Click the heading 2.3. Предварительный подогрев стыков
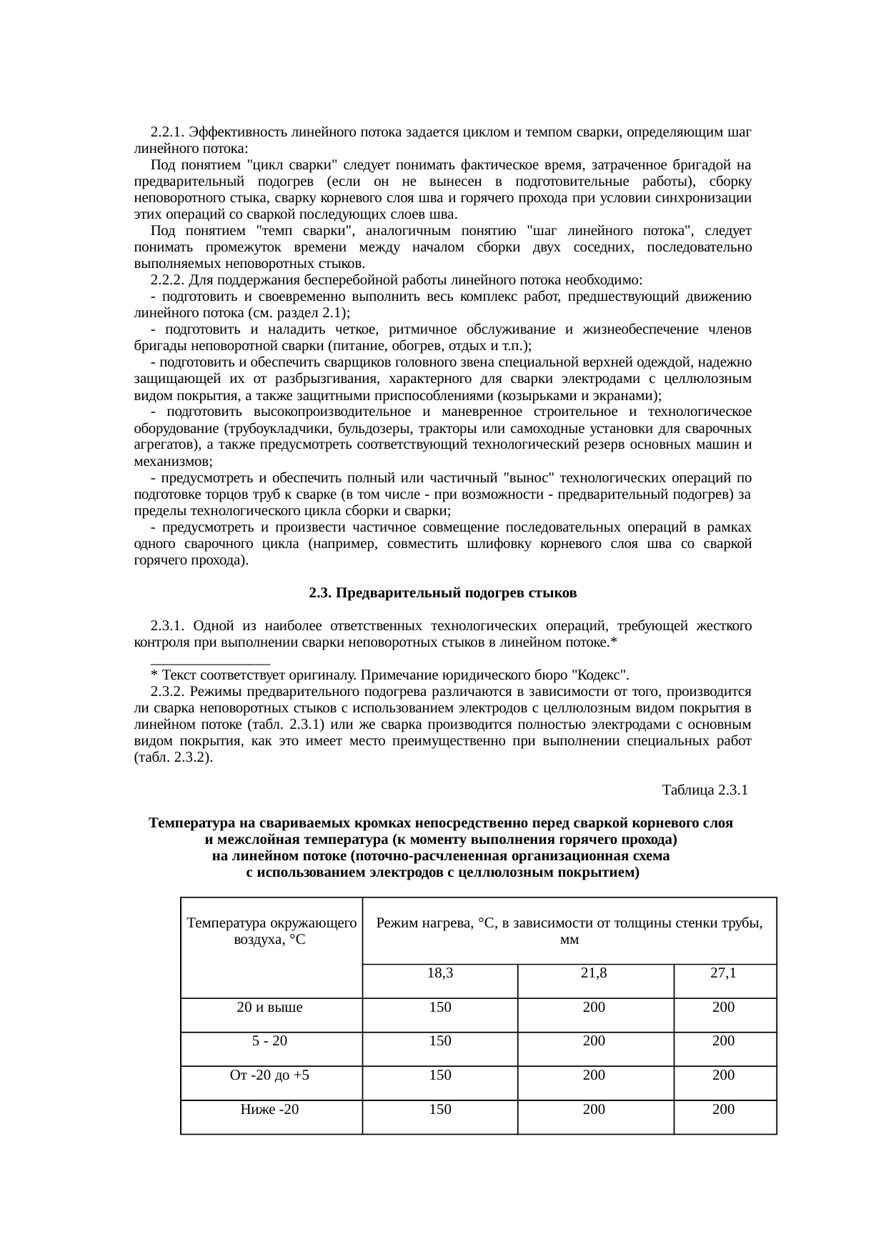[442, 593]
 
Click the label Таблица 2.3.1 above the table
[705, 790]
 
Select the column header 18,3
[439, 972]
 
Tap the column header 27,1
[723, 972]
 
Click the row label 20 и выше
[269, 1007]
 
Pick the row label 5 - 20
[269, 1040]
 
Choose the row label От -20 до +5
[269, 1075]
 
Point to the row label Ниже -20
[269, 1109]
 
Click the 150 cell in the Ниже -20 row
[439, 1109]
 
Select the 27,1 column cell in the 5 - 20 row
[723, 1040]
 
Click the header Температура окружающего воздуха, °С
[271, 931]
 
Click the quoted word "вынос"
[527, 478]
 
